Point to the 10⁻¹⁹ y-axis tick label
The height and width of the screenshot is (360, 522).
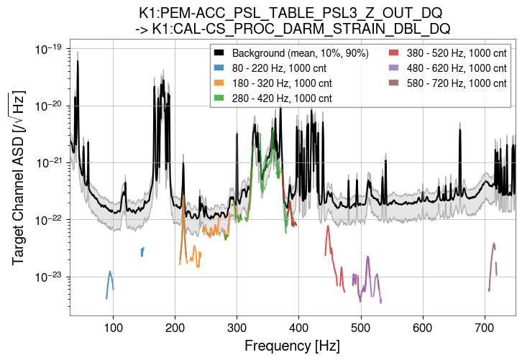pos(50,49)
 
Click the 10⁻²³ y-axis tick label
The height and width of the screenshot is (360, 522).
pos(50,277)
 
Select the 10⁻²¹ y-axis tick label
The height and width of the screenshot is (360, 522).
pos(50,163)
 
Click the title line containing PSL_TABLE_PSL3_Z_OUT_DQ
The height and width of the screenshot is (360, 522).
pos(290,13)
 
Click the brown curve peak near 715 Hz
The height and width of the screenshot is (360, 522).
pos(494,244)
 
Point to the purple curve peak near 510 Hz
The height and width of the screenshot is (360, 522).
pos(367,257)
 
